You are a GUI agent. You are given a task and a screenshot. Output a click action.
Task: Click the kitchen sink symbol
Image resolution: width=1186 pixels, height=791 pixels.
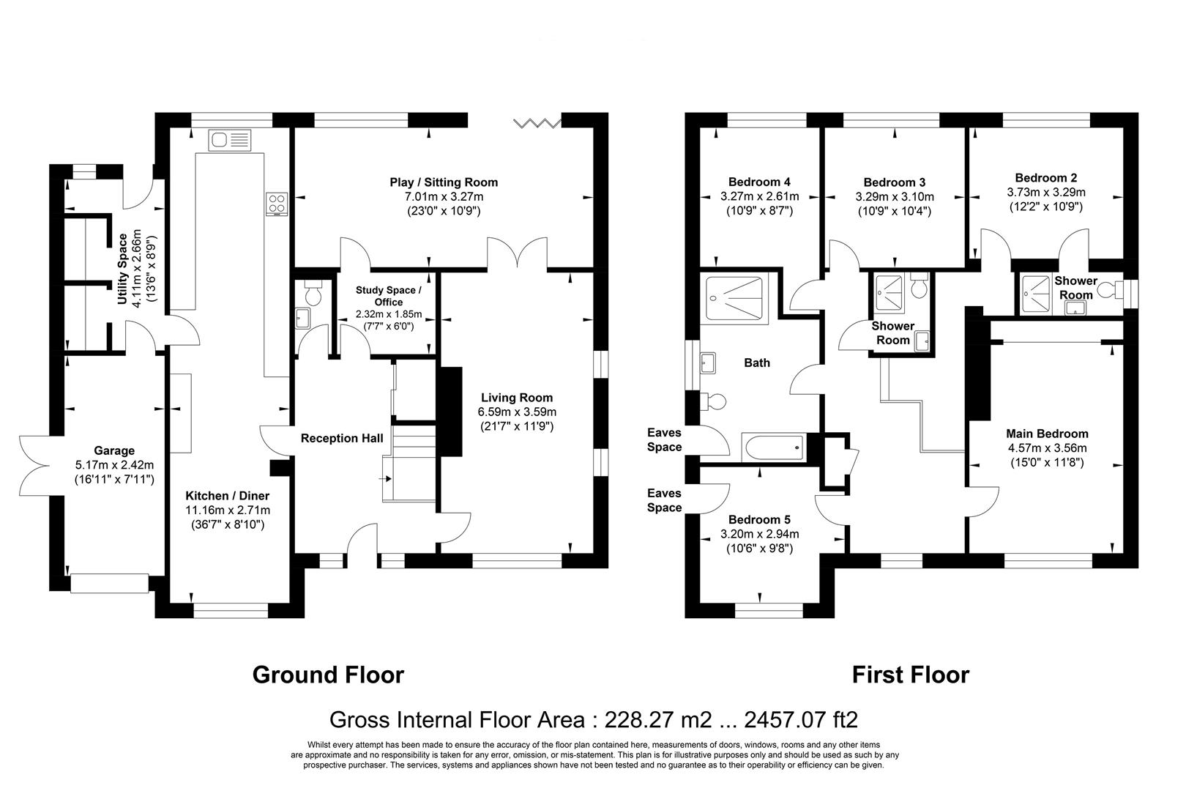pos(229,139)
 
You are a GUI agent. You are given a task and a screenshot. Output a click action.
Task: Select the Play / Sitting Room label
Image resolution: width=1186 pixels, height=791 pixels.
pos(443,182)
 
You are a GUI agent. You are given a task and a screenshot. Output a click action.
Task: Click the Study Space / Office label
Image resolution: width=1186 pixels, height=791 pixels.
pos(388,296)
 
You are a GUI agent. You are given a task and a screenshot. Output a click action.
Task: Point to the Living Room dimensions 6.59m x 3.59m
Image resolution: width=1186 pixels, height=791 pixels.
pos(517,412)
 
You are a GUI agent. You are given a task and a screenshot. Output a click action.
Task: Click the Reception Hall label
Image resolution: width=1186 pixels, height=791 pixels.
pos(342,439)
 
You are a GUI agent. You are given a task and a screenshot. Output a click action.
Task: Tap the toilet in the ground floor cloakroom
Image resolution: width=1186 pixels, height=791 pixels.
pos(313,294)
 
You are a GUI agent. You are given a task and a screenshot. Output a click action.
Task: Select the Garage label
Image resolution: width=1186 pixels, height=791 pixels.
pos(114,450)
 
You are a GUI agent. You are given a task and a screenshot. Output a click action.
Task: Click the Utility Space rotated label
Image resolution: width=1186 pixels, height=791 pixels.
pos(123,269)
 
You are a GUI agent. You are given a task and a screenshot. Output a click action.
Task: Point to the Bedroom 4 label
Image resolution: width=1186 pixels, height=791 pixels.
pos(759,182)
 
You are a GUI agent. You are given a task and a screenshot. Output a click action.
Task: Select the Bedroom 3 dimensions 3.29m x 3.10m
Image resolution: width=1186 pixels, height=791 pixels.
pos(895,197)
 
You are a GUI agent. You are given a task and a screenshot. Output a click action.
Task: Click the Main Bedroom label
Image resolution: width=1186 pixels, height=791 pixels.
pos(1047,434)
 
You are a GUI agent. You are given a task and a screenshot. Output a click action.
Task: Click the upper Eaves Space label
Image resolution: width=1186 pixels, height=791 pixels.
pos(664,440)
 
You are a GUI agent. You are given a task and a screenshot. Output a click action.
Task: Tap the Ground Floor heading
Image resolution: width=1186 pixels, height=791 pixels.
pos(328,675)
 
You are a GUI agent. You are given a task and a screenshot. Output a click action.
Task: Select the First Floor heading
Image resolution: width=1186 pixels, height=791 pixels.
pos(910,675)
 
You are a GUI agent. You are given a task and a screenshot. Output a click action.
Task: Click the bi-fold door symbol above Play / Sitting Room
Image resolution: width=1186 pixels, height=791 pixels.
pos(537,122)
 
